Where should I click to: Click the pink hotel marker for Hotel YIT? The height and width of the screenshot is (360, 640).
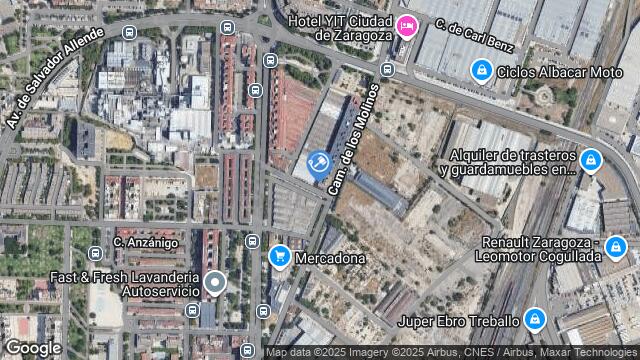tap(406, 26)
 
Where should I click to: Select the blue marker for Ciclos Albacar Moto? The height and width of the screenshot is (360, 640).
tap(482, 70)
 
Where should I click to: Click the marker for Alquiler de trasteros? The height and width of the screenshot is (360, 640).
tap(591, 160)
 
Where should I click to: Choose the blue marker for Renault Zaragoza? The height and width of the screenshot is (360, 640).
tap(615, 246)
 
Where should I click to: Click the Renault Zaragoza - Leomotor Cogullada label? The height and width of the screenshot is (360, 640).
tap(540, 249)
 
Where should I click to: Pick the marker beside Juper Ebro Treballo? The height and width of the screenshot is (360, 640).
tap(537, 319)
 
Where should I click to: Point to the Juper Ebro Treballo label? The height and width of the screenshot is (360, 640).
tap(458, 321)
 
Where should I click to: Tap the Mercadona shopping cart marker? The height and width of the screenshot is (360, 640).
tap(279, 256)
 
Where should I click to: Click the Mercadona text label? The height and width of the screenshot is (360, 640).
tap(329, 258)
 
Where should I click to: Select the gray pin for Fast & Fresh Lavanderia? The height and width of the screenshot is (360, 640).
tap(217, 285)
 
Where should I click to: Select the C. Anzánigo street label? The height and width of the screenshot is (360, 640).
tap(145, 242)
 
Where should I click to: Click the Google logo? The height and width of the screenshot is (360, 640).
tap(33, 347)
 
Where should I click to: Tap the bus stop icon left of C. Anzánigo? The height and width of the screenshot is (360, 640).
tap(95, 254)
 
